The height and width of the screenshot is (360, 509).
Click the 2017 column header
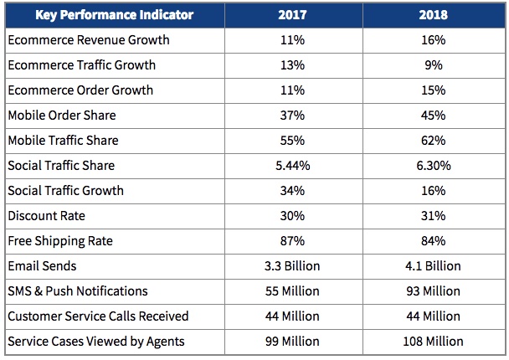[x=291, y=15]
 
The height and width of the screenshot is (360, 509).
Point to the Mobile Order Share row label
[x=61, y=116]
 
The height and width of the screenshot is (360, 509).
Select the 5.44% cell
[x=291, y=166]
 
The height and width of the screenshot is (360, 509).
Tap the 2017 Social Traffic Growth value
[x=291, y=191]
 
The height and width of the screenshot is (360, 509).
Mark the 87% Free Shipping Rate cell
[x=291, y=241]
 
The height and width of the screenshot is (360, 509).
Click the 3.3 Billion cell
[x=291, y=266]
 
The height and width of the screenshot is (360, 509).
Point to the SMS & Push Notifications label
[x=77, y=291]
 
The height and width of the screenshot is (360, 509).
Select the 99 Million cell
[x=291, y=342]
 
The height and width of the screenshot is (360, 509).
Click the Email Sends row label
[x=42, y=266]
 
